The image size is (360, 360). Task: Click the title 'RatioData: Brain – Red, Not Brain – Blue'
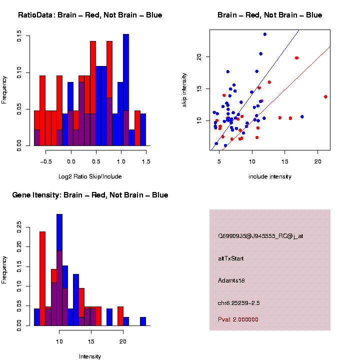(x=90, y=15)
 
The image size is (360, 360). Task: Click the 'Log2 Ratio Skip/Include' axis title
(x=90, y=176)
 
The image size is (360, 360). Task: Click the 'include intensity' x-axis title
(x=270, y=176)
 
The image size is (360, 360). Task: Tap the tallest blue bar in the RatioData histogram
(x=126, y=90)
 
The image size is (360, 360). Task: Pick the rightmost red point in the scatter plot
(x=325, y=96)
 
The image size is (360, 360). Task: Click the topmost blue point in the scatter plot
(x=265, y=34)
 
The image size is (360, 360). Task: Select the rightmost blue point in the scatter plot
(x=302, y=116)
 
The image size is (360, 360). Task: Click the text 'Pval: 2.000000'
(x=238, y=319)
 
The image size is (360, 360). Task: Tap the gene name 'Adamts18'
(x=231, y=280)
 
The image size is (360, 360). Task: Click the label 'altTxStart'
(x=231, y=258)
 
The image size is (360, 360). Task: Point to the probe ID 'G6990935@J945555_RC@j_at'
(x=260, y=236)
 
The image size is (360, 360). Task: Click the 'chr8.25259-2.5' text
(x=239, y=303)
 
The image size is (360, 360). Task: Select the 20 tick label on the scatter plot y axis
(x=199, y=57)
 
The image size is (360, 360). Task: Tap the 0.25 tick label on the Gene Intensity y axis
(x=19, y=229)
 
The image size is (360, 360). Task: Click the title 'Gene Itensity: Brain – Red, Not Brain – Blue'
(x=90, y=195)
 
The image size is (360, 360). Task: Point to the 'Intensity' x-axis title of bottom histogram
(x=90, y=356)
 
